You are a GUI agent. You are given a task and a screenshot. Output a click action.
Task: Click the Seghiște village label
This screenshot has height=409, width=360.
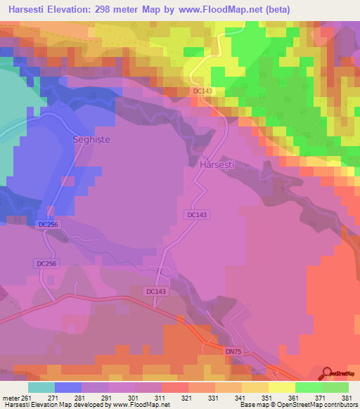[x=92, y=140]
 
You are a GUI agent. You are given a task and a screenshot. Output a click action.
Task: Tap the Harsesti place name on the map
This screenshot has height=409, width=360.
[x=217, y=164]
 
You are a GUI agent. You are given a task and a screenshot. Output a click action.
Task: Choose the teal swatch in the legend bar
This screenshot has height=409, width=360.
[x=41, y=387]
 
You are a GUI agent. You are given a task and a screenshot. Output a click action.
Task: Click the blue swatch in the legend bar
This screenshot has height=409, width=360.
[x=68, y=387]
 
